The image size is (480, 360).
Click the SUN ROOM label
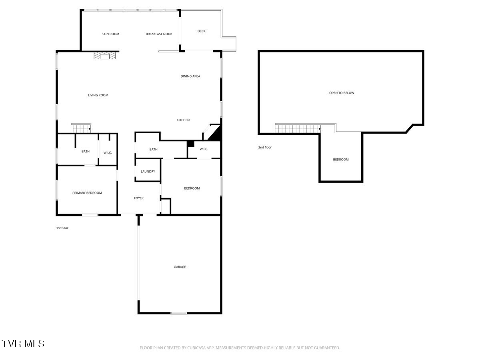pyautogui.click(x=111, y=34)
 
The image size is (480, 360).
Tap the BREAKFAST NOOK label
pyautogui.click(x=159, y=34)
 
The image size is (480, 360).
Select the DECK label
pyautogui.click(x=202, y=31)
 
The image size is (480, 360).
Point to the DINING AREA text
pyautogui.click(x=190, y=76)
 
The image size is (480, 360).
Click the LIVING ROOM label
pyautogui.click(x=98, y=95)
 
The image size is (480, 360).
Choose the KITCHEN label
pyautogui.click(x=183, y=120)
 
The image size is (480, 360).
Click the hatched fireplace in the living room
pyautogui.click(x=105, y=56)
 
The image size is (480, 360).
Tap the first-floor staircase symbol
pyautogui.click(x=81, y=128)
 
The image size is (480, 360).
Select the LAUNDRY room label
pyautogui.click(x=148, y=171)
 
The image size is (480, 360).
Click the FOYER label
pyautogui.click(x=139, y=198)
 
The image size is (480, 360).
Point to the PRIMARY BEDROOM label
pyautogui.click(x=87, y=193)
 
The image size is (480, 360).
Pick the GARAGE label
pyautogui.click(x=180, y=267)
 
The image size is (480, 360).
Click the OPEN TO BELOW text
pyautogui.click(x=342, y=93)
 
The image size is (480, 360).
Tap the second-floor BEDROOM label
pyautogui.click(x=341, y=159)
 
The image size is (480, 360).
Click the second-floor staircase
pyautogui.click(x=298, y=128)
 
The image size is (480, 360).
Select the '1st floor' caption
pyautogui.click(x=62, y=228)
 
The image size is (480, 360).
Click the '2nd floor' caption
pyautogui.click(x=265, y=147)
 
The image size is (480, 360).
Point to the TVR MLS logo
pyautogui.click(x=23, y=343)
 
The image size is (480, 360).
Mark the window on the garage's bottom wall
pyautogui.click(x=179, y=313)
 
